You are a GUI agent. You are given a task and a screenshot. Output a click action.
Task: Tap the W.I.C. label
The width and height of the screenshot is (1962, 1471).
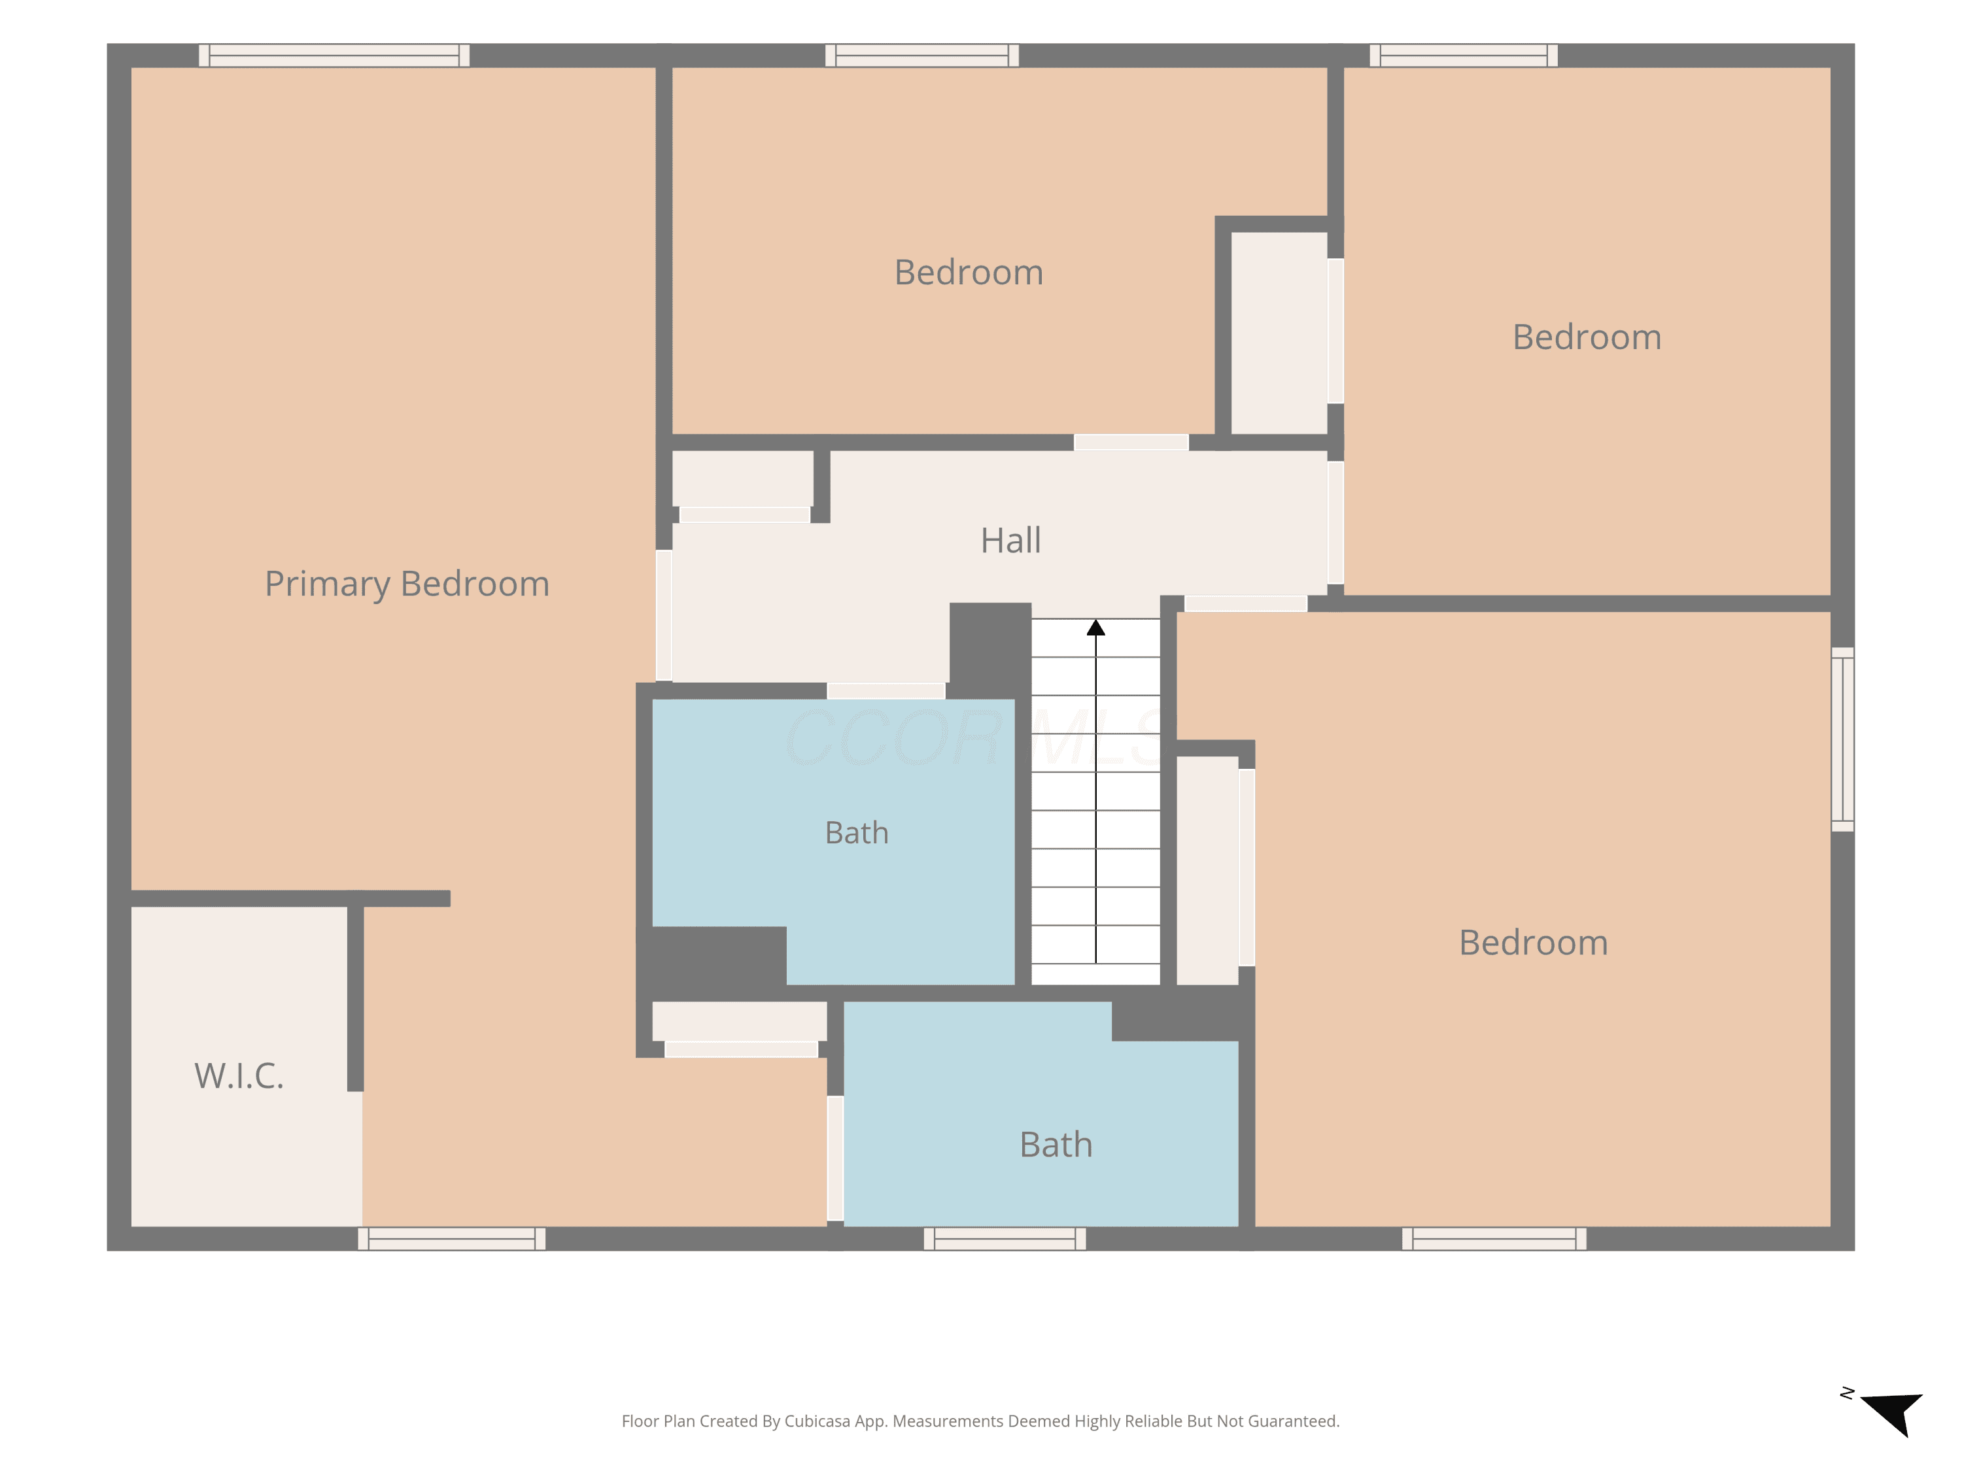point(239,1075)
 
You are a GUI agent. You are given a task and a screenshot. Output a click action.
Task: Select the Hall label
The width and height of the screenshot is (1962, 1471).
point(1010,540)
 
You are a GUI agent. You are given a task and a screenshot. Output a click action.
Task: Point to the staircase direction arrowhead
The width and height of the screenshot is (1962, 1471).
point(1095,628)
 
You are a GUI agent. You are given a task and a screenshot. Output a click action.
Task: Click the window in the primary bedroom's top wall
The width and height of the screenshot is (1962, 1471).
point(334,55)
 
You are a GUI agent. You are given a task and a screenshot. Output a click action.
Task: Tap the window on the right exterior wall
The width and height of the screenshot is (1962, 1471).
point(1842,739)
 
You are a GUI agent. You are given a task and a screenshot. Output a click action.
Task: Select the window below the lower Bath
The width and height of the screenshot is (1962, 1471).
point(1005,1239)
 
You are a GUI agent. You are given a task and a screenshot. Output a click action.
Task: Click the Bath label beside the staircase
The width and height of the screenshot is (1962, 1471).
point(856,833)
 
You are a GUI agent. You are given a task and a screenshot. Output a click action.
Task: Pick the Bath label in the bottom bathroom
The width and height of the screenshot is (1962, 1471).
point(1056,1145)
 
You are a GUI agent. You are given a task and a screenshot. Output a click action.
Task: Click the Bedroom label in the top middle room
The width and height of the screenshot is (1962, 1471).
point(969,272)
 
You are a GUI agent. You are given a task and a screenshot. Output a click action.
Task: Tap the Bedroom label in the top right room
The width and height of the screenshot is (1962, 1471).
point(1587,337)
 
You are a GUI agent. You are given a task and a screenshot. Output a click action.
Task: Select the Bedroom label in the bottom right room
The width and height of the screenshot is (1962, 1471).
point(1534,943)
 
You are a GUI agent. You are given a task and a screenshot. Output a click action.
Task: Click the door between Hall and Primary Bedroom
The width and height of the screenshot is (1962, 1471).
point(663,615)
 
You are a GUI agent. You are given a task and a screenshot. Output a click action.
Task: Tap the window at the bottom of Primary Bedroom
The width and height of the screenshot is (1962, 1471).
point(451,1239)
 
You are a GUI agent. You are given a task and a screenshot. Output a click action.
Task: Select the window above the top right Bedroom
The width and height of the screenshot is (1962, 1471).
point(1464,55)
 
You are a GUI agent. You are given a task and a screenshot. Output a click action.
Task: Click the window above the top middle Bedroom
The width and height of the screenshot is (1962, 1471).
point(921,55)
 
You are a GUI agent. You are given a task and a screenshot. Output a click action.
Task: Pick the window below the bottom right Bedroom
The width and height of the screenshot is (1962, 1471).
point(1494,1239)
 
